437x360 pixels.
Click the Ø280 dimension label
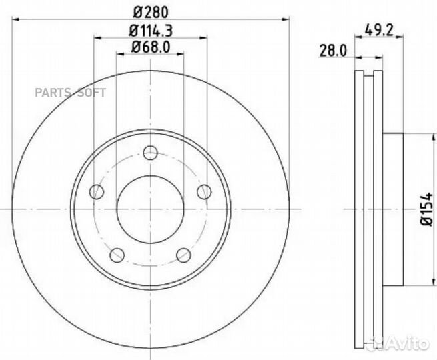pos(150,11)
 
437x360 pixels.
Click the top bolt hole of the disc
pos(150,154)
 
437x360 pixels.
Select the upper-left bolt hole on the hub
pos(97,192)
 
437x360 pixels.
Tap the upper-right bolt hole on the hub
pos(203,192)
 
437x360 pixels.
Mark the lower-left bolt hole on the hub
pos(117,255)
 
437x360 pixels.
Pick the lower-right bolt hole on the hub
pos(183,255)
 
